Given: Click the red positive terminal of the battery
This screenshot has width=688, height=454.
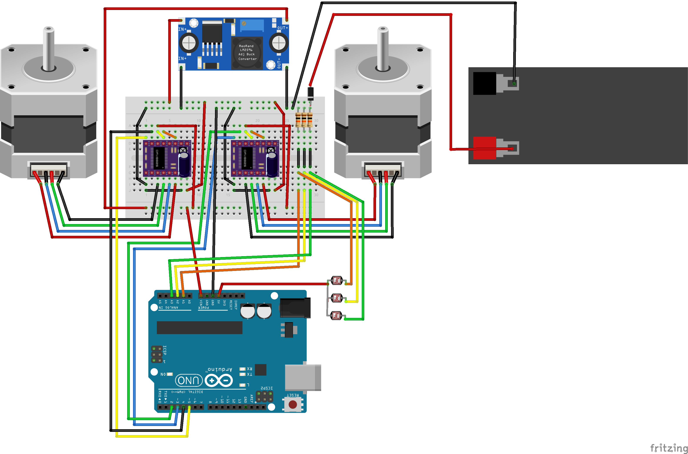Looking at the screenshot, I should pyautogui.click(x=484, y=148).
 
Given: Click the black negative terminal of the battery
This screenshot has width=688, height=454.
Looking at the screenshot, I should pyautogui.click(x=484, y=83).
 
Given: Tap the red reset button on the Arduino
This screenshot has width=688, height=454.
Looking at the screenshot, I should pyautogui.click(x=293, y=404).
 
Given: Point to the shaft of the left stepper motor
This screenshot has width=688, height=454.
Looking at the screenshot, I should pyautogui.click(x=48, y=48).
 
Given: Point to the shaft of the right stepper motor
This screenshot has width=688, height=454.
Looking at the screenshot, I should pyautogui.click(x=383, y=48).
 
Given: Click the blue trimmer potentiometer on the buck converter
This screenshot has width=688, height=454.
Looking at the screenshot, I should pyautogui.click(x=252, y=25).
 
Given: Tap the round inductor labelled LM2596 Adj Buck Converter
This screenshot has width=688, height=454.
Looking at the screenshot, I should pyautogui.click(x=247, y=53).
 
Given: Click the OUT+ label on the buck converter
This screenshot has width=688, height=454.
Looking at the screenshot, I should pyautogui.click(x=283, y=28).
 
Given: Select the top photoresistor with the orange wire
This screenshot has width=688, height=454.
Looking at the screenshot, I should pyautogui.click(x=337, y=280).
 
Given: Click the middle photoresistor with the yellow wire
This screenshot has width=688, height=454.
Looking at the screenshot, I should pyautogui.click(x=337, y=298).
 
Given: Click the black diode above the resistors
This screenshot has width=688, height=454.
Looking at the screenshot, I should pyautogui.click(x=310, y=94).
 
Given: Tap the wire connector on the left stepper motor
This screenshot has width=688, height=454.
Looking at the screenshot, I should pyautogui.click(x=48, y=170).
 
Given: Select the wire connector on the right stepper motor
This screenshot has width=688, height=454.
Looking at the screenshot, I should pyautogui.click(x=383, y=170).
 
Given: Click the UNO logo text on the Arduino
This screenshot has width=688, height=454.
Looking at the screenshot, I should pyautogui.click(x=189, y=380).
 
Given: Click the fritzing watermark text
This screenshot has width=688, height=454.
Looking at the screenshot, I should pyautogui.click(x=668, y=448).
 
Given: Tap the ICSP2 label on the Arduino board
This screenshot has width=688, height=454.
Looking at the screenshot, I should pyautogui.click(x=267, y=388).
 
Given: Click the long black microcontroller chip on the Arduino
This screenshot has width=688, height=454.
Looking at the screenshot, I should pyautogui.click(x=199, y=327).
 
